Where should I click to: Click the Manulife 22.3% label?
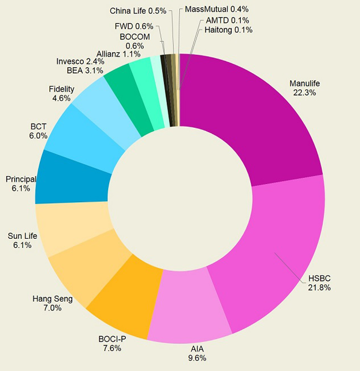[x=305, y=88]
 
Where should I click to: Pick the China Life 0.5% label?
[x=138, y=11]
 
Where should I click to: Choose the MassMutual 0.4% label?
[x=216, y=9]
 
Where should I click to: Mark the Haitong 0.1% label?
[x=225, y=30]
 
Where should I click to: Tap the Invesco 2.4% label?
[x=80, y=61]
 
